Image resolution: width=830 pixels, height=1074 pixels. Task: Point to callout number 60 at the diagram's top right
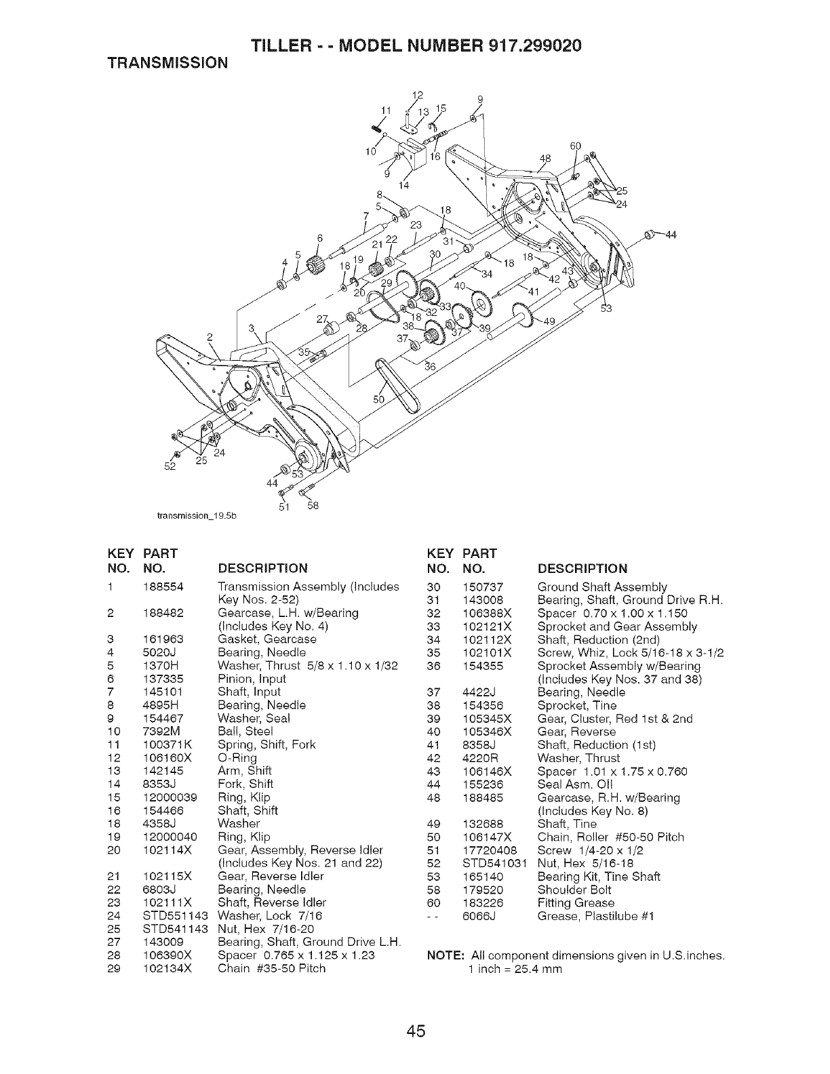click(x=576, y=146)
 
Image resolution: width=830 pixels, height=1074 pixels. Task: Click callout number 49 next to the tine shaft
click(x=549, y=321)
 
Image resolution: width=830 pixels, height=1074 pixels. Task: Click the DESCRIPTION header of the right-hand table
click(x=582, y=568)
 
